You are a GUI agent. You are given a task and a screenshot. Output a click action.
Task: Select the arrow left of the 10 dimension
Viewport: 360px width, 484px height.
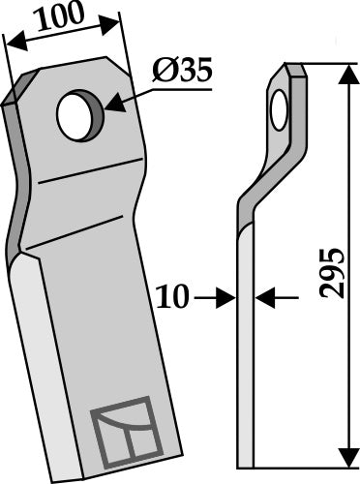point(226,300)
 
